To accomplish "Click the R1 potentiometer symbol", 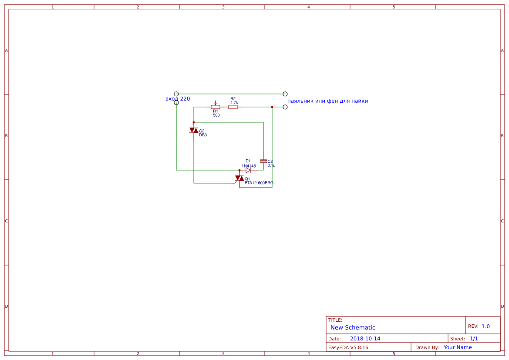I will tap(215, 107).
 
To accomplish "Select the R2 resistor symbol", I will tap(233, 107).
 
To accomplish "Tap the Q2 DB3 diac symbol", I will tap(194, 130).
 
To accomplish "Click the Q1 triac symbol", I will tap(239, 178).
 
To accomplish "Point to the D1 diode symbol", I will tap(248, 170).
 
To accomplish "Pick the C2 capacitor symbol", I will tap(263, 161).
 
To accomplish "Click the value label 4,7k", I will tap(234, 103).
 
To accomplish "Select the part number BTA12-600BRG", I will tap(259, 183).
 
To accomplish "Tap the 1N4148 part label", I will tap(249, 166).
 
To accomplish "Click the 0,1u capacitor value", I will tap(271, 165).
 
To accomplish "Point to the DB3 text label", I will tap(203, 135).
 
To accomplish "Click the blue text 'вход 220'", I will tap(178, 99).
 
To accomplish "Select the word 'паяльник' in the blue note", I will tap(299, 101).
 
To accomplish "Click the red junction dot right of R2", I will tap(272, 107).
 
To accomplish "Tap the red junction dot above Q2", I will tap(194, 122).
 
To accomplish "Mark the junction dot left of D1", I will tap(239, 170).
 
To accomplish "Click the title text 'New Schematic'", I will tap(353, 327).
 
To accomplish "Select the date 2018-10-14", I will tap(365, 339).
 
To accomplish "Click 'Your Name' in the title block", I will tap(458, 347).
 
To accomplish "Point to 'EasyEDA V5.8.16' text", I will tap(348, 347).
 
